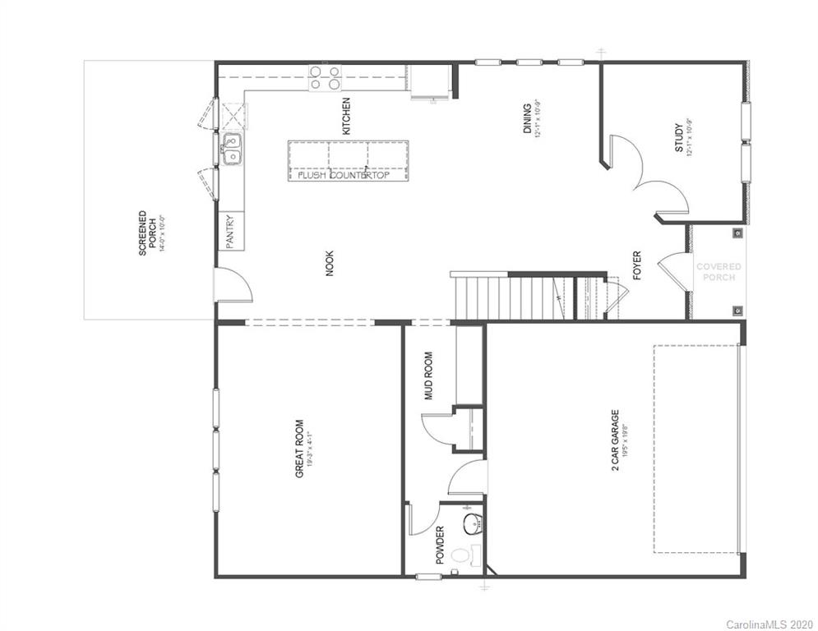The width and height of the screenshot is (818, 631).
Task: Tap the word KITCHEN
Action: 347,116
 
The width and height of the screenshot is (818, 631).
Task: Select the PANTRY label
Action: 230,231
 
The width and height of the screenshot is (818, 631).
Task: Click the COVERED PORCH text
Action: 719,271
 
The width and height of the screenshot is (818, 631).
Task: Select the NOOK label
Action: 330,263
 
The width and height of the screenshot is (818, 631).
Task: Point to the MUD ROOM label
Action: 427,376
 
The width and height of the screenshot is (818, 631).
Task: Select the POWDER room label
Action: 440,545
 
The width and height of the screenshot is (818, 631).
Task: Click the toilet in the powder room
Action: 463,557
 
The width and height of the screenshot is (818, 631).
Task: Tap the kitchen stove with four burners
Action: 324,77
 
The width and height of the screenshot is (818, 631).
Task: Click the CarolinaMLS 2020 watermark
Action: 768,624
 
